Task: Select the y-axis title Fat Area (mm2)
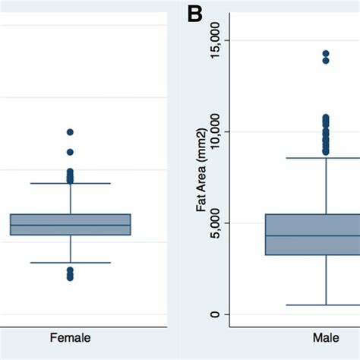coord(201,177)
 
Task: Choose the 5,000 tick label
coord(214,223)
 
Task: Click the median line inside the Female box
coord(70,226)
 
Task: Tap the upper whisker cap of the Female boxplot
coord(70,183)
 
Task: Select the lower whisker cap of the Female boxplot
coord(70,263)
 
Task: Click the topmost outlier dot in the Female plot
coord(70,132)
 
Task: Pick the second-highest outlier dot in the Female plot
coord(70,152)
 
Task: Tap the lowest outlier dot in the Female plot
coord(70,278)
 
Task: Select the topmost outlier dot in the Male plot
coord(326,54)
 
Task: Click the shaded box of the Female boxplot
coord(70,219)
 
